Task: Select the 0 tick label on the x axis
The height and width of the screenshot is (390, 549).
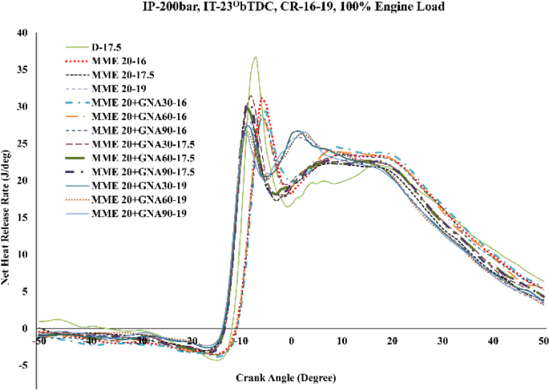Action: [293, 341]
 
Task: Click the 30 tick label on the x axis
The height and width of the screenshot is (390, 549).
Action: [442, 341]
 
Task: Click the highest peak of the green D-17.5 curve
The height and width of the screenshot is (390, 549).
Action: [255, 57]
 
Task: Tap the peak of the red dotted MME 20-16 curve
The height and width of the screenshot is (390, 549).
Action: [263, 99]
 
